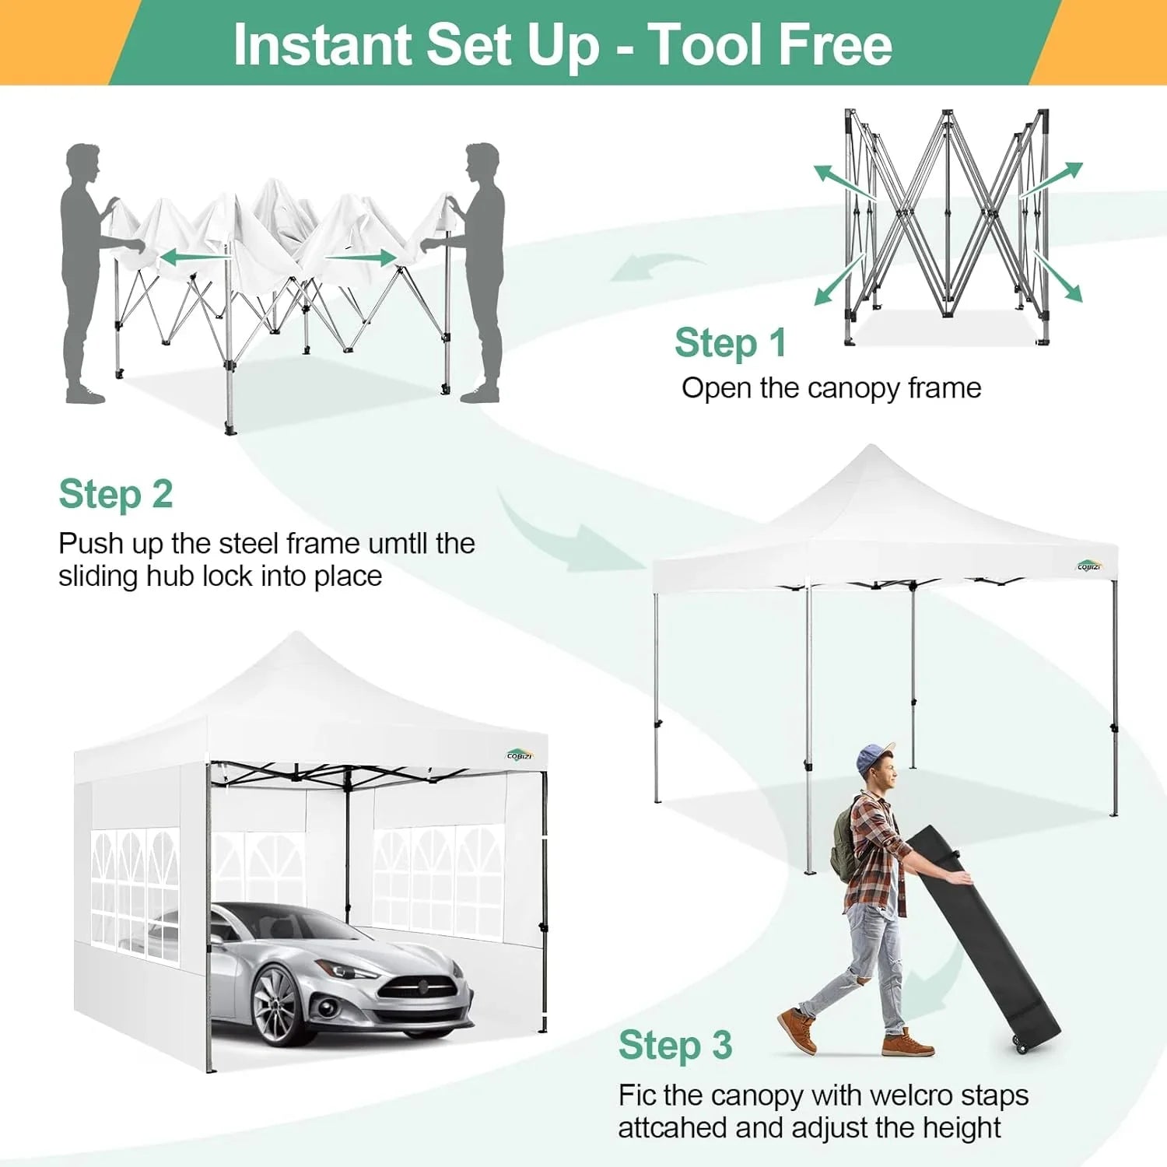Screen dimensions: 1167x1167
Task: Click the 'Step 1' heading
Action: (x=730, y=343)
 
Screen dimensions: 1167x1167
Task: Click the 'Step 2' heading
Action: (x=116, y=494)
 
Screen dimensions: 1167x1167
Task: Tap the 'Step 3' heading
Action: (x=675, y=1045)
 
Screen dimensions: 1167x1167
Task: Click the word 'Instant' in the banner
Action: (x=322, y=44)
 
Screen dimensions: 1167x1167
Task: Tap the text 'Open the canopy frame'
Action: (x=831, y=387)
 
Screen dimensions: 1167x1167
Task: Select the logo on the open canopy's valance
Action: (x=1089, y=566)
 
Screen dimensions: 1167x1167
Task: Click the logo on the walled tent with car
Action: (x=520, y=754)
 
